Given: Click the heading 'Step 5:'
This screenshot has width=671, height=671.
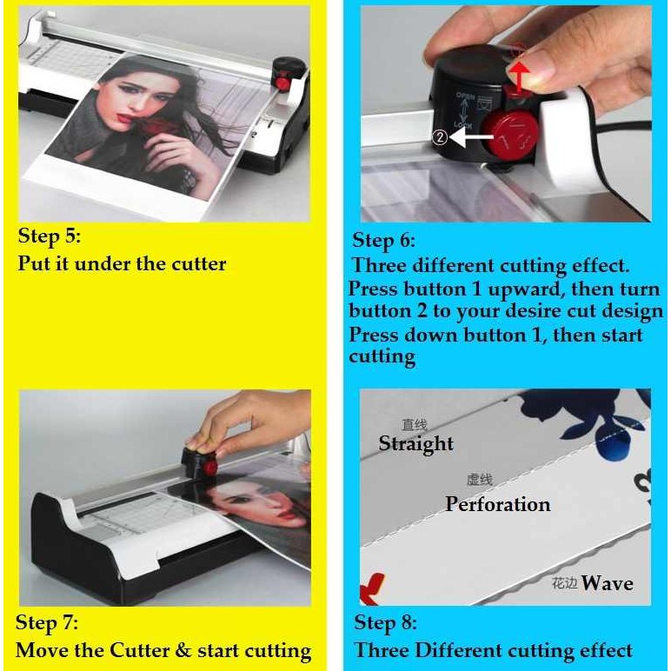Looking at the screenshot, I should coord(49,236).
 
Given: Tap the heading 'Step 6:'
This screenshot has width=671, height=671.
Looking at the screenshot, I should coord(383,240).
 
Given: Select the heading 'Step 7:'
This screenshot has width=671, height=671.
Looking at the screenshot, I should coord(47,622).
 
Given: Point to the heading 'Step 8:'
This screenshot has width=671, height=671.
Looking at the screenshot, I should coord(385,622).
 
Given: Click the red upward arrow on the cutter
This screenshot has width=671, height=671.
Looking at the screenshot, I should coord(518,72).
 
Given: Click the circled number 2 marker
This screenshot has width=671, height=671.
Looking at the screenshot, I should coord(440,136).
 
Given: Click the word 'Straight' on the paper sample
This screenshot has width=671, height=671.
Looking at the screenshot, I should coord(415,443).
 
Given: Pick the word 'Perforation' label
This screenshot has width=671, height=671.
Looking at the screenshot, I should coord(497,504).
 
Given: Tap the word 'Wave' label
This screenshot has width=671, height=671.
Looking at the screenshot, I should coord(607,582).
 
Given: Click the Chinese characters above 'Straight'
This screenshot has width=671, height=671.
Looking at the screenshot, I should coord(414,425).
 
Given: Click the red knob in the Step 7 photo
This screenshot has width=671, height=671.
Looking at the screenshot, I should coord(210,467).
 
